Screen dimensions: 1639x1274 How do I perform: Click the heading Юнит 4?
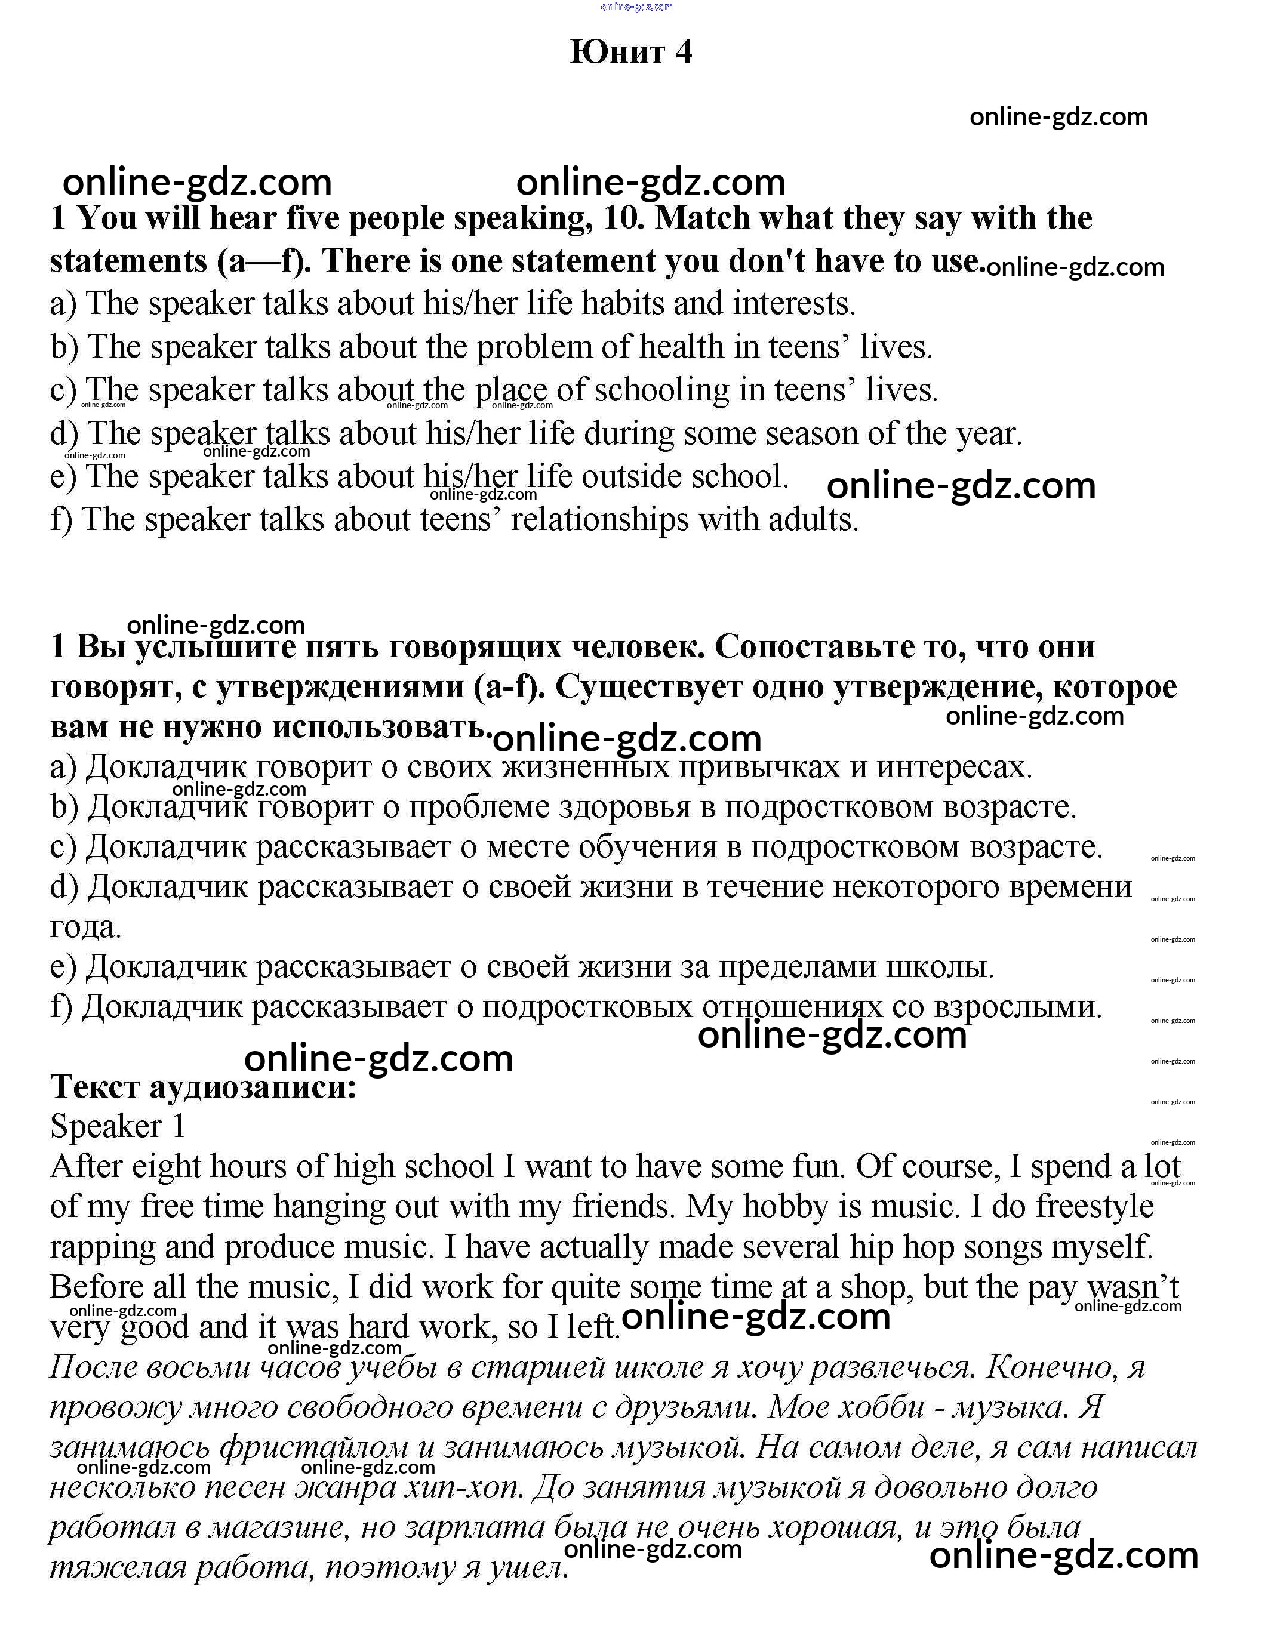(630, 52)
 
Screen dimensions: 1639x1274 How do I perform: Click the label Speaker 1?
(117, 1126)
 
